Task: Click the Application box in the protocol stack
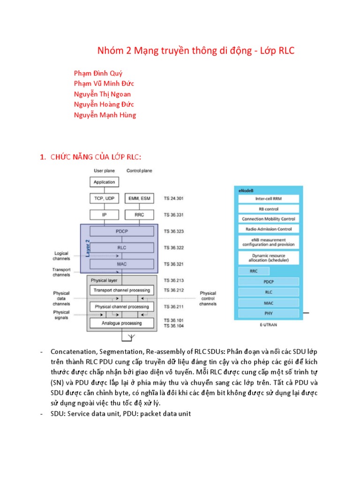click(x=104, y=182)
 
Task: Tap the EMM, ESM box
click(x=139, y=199)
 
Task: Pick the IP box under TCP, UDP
click(x=104, y=215)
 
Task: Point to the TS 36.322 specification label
click(x=173, y=247)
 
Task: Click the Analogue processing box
click(x=121, y=323)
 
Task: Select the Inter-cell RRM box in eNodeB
click(x=269, y=198)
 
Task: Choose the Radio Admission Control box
click(x=269, y=229)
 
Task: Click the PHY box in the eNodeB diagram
click(x=269, y=313)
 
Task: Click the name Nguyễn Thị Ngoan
click(x=102, y=94)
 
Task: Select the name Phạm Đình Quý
click(x=97, y=73)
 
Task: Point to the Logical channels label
click(x=61, y=256)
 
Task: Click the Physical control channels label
click(x=208, y=298)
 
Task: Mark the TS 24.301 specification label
click(x=173, y=199)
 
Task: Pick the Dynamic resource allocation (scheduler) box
click(x=269, y=257)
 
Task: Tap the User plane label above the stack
click(x=104, y=171)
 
